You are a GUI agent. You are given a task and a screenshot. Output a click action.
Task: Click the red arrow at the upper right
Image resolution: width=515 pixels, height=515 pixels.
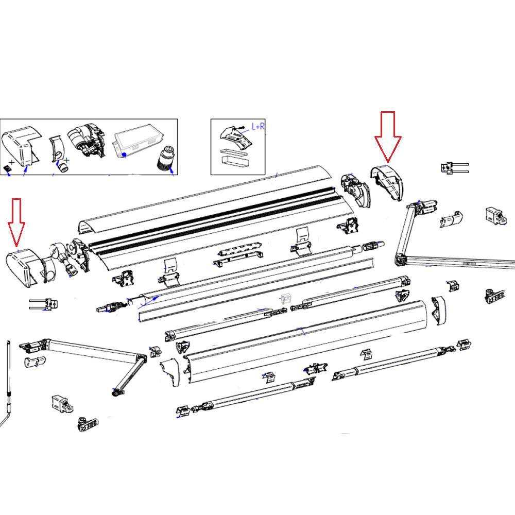click(x=387, y=136)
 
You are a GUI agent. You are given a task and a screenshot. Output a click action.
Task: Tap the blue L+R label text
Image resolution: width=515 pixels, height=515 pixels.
click(x=257, y=126)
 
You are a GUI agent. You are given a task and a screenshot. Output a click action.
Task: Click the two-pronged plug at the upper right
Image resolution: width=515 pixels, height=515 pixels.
click(x=453, y=167)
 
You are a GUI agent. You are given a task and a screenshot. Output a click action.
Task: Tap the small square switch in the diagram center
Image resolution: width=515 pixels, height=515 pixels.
click(x=286, y=298)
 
